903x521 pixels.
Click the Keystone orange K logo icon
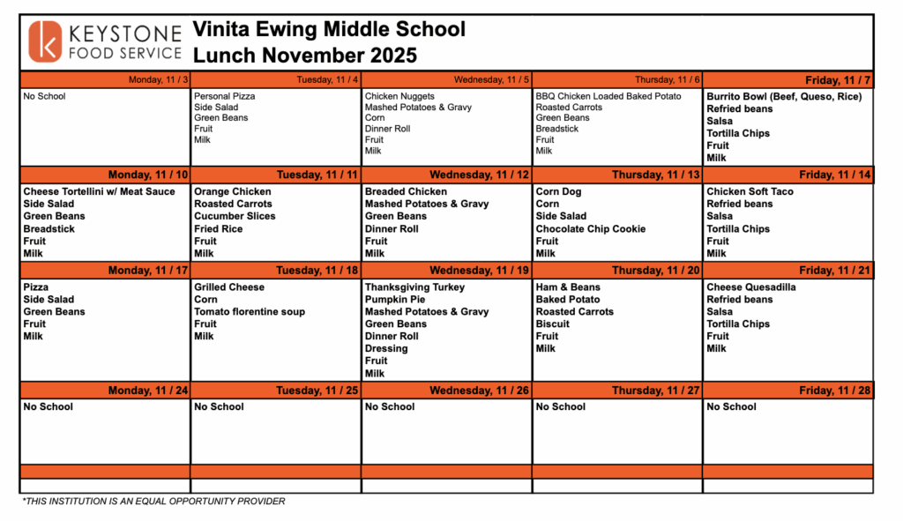coord(46,42)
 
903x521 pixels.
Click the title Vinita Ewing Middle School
coord(329,29)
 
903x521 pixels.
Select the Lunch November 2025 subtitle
coord(304,56)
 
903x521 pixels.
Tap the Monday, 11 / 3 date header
coord(158,80)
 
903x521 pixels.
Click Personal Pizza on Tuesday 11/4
coord(225,96)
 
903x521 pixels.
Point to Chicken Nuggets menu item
coord(399,96)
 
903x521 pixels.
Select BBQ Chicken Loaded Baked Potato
coord(608,96)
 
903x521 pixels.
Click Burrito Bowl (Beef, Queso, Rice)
coord(783,96)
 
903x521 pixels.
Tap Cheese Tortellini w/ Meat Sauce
coord(99,191)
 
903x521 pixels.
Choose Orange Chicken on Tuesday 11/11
coord(233,191)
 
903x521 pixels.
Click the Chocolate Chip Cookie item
coord(590,228)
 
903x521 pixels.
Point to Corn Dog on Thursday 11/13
coord(558,191)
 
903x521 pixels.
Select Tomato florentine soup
coord(250,311)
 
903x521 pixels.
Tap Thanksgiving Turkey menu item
coord(414,287)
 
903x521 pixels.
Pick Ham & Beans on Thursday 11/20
coord(568,287)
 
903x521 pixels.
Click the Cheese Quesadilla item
coord(750,287)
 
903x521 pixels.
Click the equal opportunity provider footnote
coord(153,502)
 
